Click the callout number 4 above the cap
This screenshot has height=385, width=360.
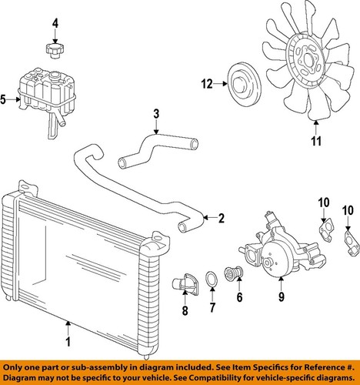pos(55,24)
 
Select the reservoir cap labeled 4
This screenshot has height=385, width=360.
pos(55,51)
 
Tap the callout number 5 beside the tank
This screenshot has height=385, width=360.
pos(3,99)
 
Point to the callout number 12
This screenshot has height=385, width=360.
pos(207,84)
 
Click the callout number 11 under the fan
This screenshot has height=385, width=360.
pos(316,141)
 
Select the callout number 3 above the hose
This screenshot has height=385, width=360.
pos(156,114)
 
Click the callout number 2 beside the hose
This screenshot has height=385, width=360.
pos(221,218)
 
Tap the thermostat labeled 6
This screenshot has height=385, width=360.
pos(233,273)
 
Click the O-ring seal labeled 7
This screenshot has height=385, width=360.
pos(212,280)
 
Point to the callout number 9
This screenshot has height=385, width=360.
pos(282,297)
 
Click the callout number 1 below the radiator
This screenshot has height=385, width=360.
pos(68,342)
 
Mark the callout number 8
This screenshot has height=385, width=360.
pos(185,310)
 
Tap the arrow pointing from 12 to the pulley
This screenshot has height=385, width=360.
pos(221,84)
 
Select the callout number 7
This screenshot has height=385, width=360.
pos(212,308)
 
